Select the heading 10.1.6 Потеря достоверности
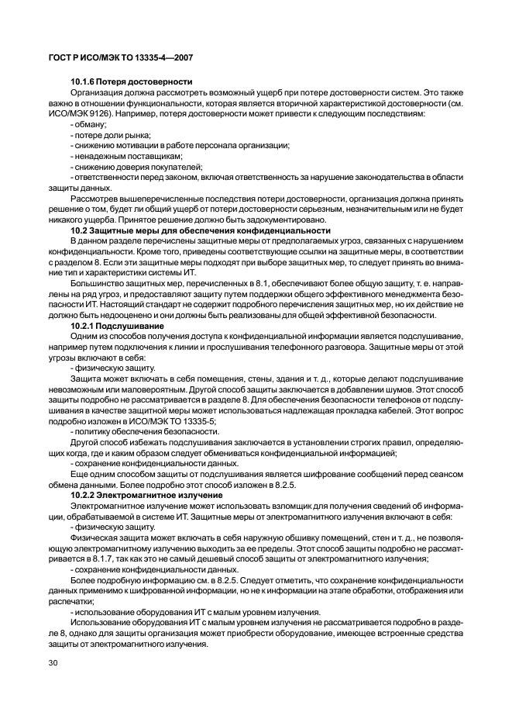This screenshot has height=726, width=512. [x=132, y=82]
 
